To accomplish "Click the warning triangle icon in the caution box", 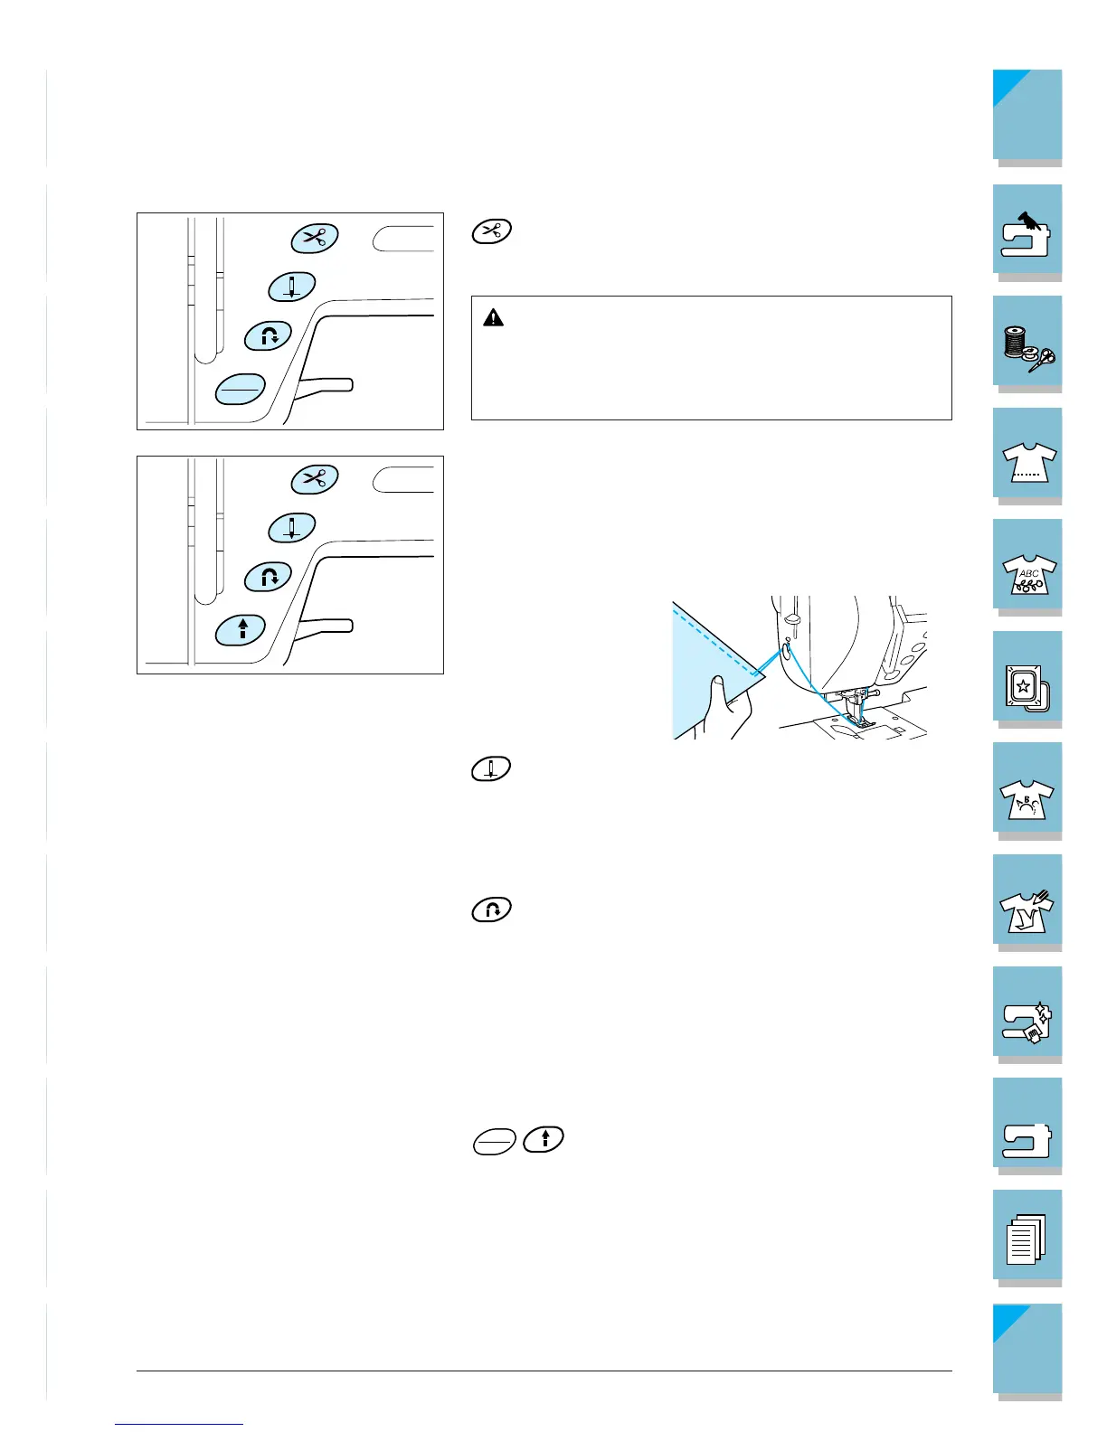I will point(493,317).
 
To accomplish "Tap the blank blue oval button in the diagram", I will point(241,389).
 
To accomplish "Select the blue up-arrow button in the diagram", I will point(241,629).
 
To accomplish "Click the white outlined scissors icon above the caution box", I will point(492,231).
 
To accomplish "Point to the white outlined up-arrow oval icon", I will point(544,1139).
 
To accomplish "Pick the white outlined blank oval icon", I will point(494,1143).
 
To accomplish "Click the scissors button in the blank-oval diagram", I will point(314,237).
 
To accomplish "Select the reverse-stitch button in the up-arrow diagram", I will point(269,576).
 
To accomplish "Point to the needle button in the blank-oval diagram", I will point(291,287).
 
